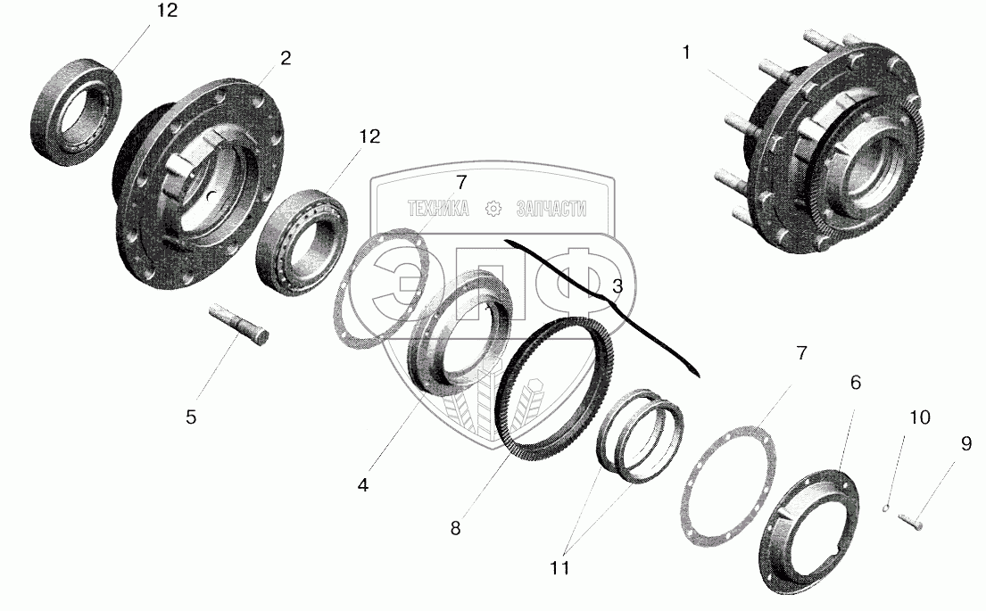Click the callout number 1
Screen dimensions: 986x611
(686, 54)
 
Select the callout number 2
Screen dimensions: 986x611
(285, 59)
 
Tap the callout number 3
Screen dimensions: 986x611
(617, 287)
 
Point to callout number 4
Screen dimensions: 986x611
(362, 484)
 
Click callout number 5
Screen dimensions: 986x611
(191, 416)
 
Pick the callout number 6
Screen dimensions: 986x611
(855, 382)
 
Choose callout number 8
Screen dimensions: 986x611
(455, 527)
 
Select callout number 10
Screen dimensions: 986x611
(919, 417)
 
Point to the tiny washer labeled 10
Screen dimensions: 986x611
(885, 509)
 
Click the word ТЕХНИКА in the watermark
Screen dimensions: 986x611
(438, 209)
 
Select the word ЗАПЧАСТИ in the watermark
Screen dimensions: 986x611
(551, 209)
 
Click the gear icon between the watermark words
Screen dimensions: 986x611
(493, 209)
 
